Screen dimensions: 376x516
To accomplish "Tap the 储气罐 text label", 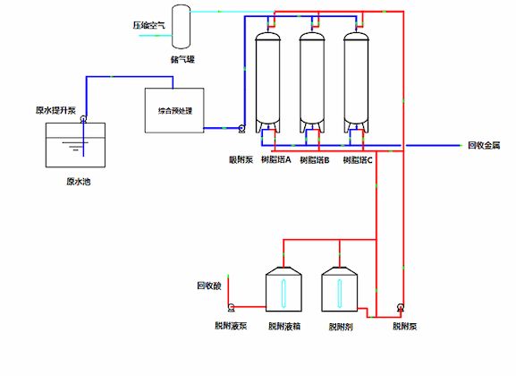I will click(182, 60).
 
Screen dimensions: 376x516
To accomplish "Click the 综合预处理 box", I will click(175, 110).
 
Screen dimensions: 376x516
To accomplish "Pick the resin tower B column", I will click(312, 81).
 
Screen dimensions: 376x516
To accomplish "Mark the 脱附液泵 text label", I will click(231, 326).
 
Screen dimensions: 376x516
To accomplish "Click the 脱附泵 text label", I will click(403, 326).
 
